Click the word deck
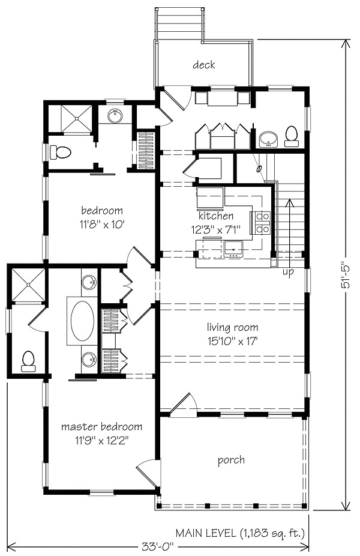point(204,65)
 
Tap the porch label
point(231,460)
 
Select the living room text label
point(233,327)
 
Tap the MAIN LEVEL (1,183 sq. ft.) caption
point(240,532)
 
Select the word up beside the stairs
point(288,272)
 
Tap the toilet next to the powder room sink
point(292,136)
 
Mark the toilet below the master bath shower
point(28,360)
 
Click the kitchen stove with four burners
point(263,222)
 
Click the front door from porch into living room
point(184,405)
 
